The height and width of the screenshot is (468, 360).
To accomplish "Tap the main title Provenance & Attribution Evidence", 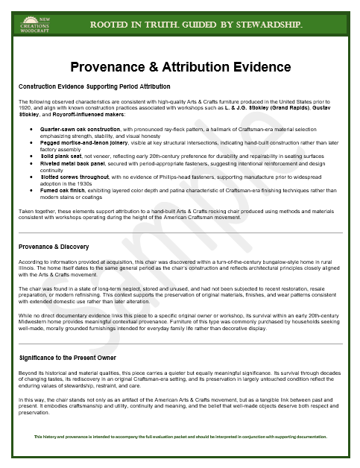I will tap(180, 67).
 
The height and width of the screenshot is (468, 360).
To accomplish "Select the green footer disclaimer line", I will tap(180, 436).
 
